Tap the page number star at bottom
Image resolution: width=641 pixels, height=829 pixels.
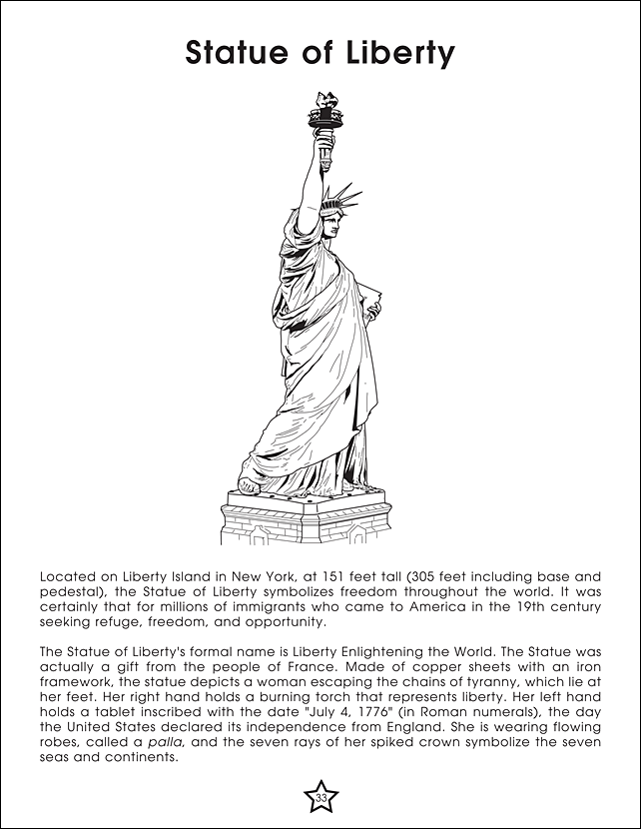[320, 797]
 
